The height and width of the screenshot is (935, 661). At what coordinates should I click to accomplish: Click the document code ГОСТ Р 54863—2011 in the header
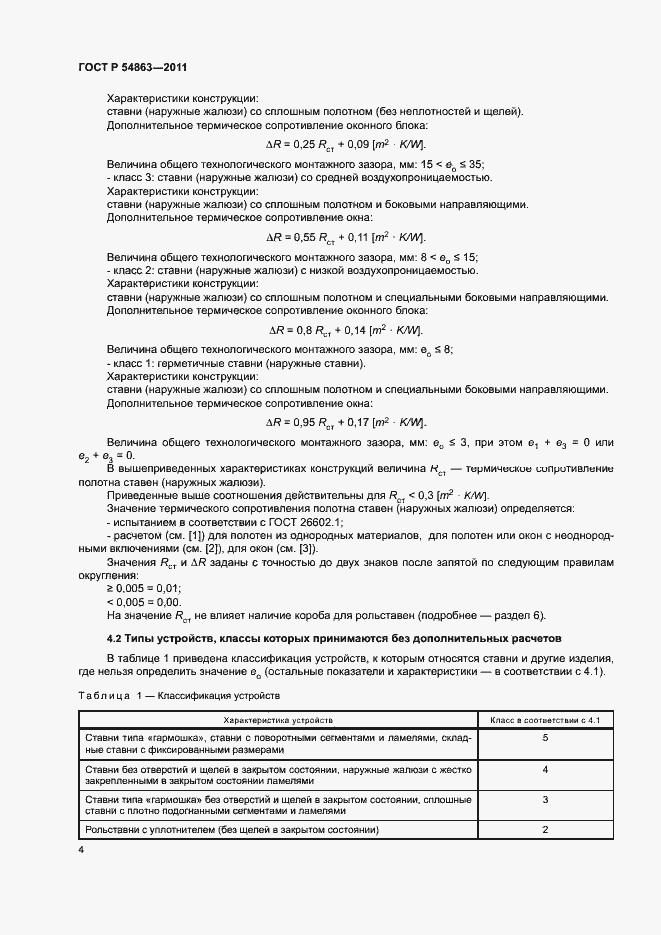pyautogui.click(x=132, y=67)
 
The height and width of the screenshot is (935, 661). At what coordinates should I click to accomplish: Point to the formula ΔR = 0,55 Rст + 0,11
pyautogui.click(x=345, y=237)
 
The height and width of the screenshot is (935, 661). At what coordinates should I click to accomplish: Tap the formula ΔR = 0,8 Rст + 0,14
pyautogui.click(x=345, y=330)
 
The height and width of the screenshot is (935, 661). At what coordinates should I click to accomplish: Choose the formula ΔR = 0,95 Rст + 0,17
pyautogui.click(x=345, y=422)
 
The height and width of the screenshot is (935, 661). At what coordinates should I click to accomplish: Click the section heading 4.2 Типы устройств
pyautogui.click(x=334, y=637)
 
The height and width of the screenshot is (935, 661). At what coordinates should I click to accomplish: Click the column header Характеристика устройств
pyautogui.click(x=278, y=719)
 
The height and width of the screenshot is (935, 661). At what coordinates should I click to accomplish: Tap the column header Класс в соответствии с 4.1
pyautogui.click(x=545, y=719)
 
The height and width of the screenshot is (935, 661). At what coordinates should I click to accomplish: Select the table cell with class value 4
pyautogui.click(x=545, y=771)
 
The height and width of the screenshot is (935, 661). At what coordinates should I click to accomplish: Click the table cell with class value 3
pyautogui.click(x=545, y=801)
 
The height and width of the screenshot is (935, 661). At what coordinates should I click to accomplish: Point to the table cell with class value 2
pyautogui.click(x=545, y=829)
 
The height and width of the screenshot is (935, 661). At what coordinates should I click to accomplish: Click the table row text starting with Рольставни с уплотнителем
pyautogui.click(x=231, y=829)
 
